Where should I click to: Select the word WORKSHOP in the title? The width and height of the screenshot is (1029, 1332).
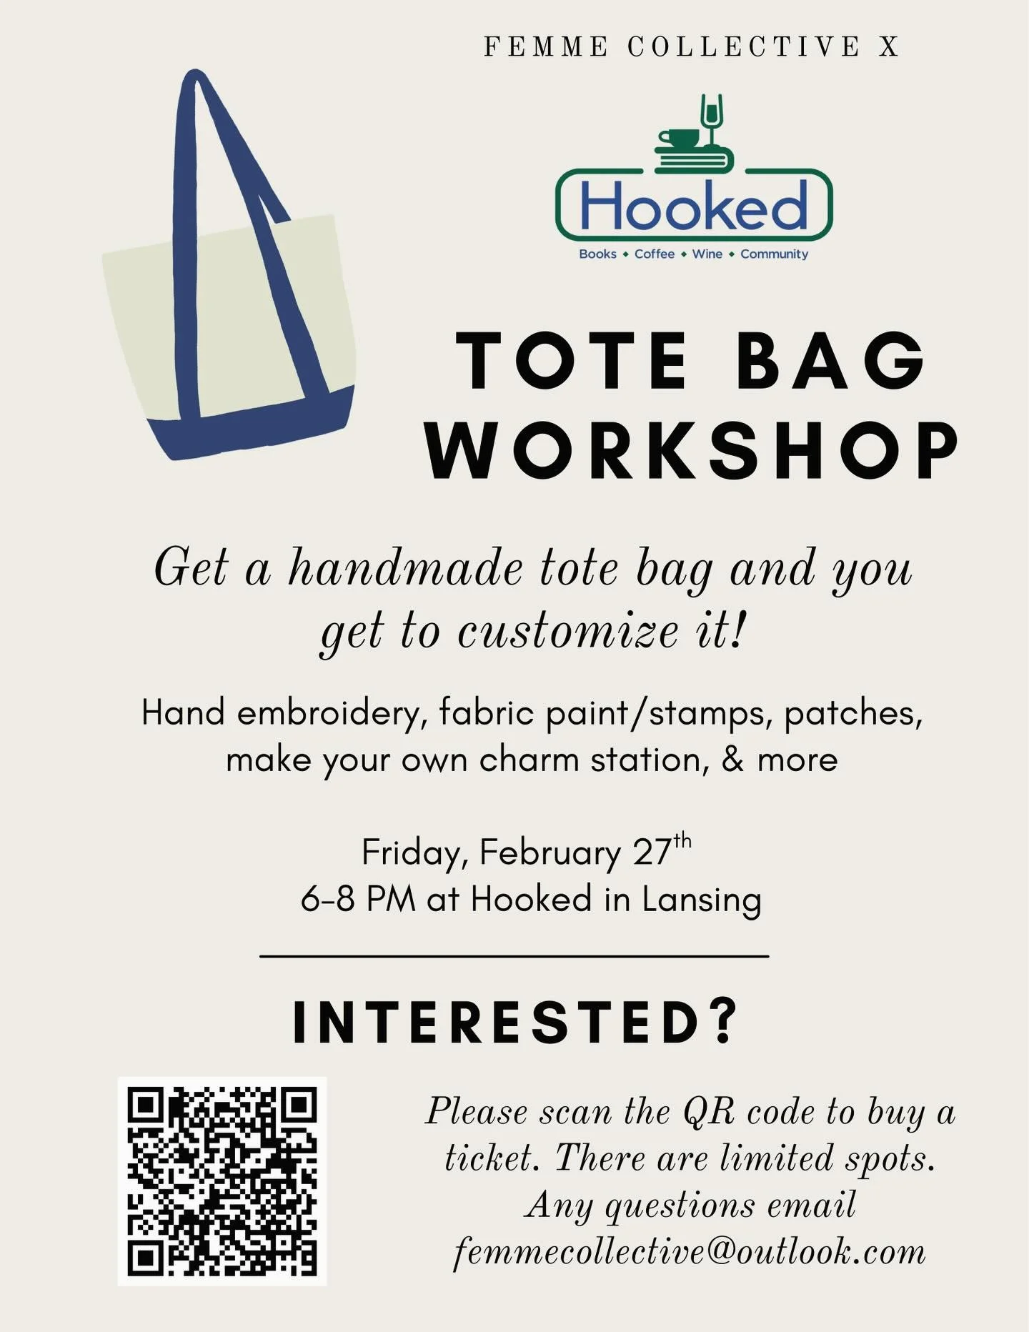(x=692, y=450)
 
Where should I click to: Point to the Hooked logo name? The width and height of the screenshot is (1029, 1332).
(x=693, y=206)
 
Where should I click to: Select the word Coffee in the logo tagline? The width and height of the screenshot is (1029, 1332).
(x=654, y=254)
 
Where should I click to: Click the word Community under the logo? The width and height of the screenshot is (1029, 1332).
(x=774, y=254)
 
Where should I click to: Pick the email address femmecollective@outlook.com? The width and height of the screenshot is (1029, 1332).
(x=690, y=1252)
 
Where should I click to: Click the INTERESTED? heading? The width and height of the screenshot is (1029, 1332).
(x=514, y=1022)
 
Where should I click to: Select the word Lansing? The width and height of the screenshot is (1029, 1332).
(x=701, y=900)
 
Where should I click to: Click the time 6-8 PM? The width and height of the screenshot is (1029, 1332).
(x=358, y=900)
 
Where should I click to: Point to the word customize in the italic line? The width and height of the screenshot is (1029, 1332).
(x=567, y=632)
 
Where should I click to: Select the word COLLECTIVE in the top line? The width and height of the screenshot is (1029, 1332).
(x=744, y=47)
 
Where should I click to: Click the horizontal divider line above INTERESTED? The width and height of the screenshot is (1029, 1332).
(x=514, y=956)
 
